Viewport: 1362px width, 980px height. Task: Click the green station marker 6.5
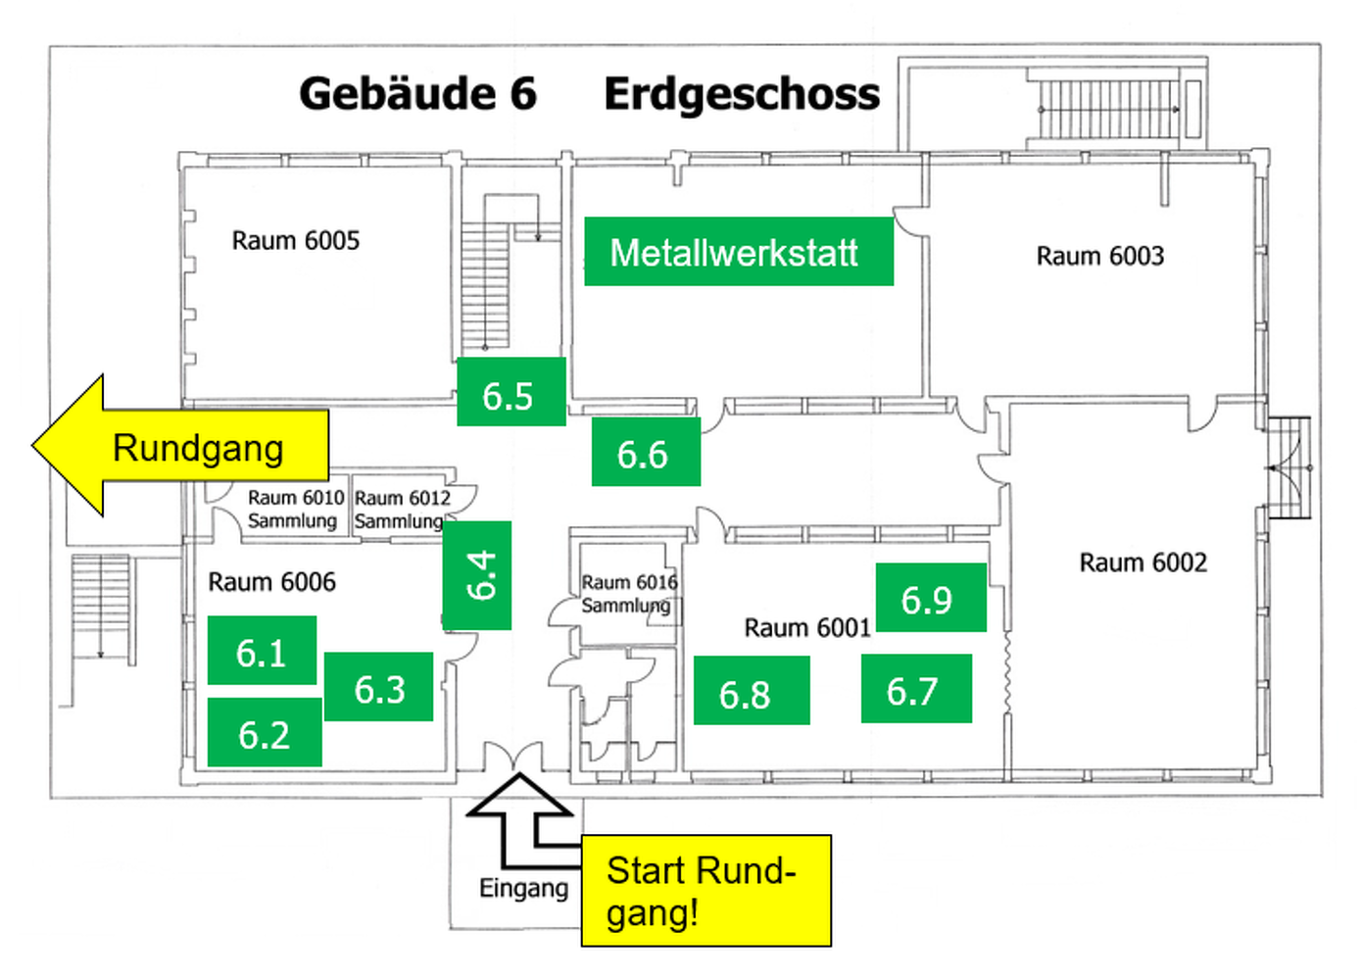click(511, 392)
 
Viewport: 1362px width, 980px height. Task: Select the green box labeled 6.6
click(647, 452)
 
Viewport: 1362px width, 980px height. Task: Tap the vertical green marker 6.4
click(476, 575)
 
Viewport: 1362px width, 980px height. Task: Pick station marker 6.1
click(262, 651)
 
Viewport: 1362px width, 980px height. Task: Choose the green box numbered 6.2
click(265, 732)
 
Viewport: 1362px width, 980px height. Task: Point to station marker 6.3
click(379, 687)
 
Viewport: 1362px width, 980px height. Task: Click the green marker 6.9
click(931, 598)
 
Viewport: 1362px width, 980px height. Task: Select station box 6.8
click(752, 691)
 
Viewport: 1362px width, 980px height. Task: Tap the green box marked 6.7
click(916, 689)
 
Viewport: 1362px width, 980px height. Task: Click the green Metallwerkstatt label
click(739, 252)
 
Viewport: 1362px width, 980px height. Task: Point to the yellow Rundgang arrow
click(180, 446)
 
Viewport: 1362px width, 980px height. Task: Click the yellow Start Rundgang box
click(705, 891)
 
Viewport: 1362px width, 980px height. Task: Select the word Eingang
click(523, 889)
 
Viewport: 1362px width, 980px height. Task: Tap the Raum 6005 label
click(296, 241)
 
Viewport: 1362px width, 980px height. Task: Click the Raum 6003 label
click(1100, 256)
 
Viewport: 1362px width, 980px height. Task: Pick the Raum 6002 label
click(1143, 563)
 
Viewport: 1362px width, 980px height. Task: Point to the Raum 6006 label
click(271, 582)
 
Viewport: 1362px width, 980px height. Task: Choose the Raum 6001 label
click(807, 627)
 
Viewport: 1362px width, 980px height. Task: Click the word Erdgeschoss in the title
click(742, 94)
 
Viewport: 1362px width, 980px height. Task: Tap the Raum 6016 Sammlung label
click(629, 594)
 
